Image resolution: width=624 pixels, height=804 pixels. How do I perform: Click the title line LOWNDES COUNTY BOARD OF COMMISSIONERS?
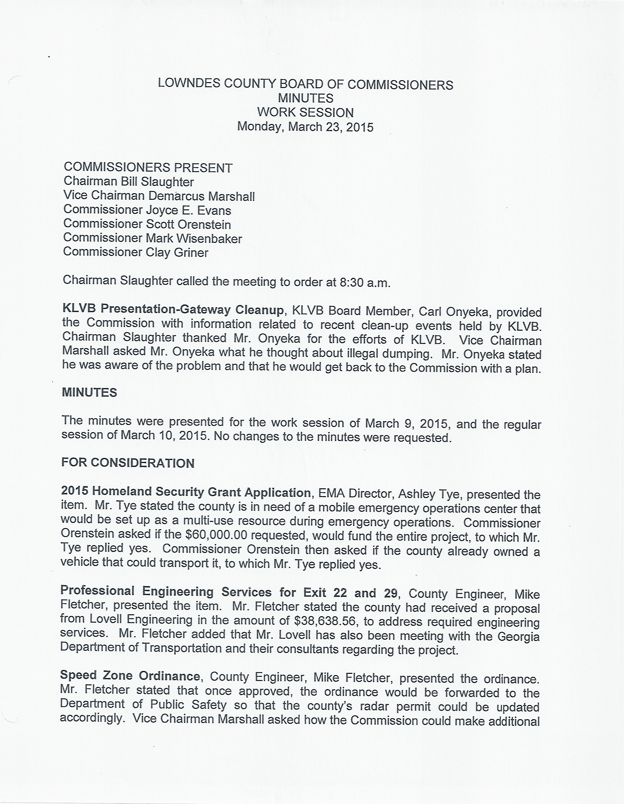click(x=305, y=85)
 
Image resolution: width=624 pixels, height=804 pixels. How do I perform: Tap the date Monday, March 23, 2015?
click(x=305, y=127)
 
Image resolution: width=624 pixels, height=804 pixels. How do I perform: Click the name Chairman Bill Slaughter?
click(x=129, y=182)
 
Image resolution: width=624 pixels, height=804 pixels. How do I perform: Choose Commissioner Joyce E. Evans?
click(x=147, y=210)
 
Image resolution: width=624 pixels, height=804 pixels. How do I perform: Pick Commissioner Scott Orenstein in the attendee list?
click(x=147, y=224)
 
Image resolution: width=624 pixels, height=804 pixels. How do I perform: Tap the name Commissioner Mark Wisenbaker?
click(x=153, y=239)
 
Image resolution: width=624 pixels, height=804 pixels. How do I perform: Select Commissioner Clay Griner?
click(x=136, y=252)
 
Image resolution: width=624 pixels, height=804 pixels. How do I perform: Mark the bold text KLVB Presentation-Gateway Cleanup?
click(x=173, y=310)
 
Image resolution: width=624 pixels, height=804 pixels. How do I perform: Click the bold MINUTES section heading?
click(x=90, y=393)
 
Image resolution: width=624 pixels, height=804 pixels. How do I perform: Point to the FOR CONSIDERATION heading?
click(x=128, y=463)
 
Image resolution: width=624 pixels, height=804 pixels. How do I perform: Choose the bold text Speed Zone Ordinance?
click(x=130, y=676)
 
